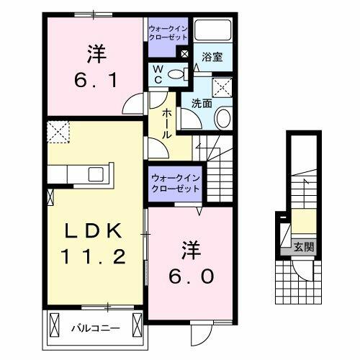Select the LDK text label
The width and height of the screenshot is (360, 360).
point(96,230)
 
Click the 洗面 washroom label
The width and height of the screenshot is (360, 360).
point(202,103)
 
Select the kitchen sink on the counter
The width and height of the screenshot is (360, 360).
point(96,174)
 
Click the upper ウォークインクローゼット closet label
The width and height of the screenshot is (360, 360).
point(168,33)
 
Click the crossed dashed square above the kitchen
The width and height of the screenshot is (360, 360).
point(57,132)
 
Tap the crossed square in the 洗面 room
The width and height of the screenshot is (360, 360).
point(224,89)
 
